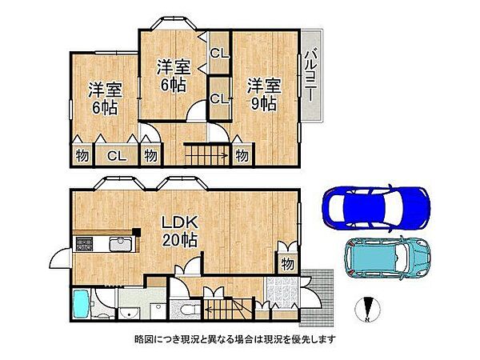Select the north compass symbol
369,307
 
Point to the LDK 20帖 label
182,230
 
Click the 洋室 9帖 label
262,93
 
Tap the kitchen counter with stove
104,245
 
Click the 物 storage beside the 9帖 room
242,155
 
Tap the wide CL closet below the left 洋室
116,156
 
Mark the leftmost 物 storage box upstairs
82,156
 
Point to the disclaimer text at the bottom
235,339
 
